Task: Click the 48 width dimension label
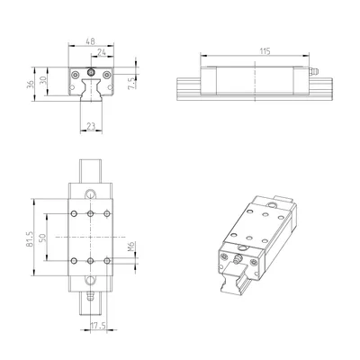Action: [91, 41]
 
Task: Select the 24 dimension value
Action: [102, 52]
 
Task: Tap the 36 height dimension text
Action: [30, 85]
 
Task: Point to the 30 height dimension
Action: [43, 81]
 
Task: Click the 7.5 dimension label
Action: [131, 82]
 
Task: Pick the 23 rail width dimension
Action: [91, 126]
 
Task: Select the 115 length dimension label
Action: [265, 51]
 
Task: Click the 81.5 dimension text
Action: [30, 238]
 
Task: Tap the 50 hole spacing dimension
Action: [43, 238]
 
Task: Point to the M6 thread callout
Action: [131, 247]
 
